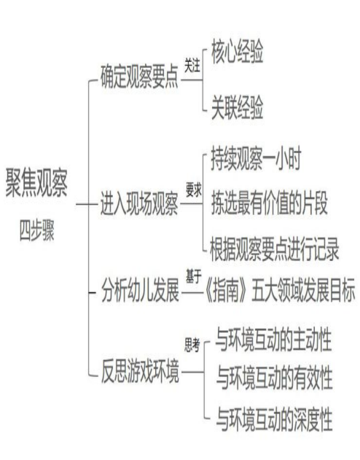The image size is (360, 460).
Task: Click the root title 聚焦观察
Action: (37, 182)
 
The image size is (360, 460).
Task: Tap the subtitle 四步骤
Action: (37, 230)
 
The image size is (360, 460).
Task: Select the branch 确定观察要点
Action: (139, 77)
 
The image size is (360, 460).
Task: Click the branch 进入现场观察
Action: (139, 203)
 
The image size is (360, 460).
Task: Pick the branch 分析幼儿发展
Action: (140, 291)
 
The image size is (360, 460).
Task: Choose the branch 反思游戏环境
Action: (140, 371)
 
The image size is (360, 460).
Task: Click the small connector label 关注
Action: (192, 65)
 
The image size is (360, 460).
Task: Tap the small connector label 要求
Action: (194, 190)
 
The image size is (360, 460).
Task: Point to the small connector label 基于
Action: (194, 276)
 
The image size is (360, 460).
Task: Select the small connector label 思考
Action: (192, 345)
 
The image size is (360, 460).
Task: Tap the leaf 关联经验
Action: (238, 107)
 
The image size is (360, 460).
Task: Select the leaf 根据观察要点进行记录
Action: (275, 249)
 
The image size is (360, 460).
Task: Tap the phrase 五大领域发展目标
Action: (303, 291)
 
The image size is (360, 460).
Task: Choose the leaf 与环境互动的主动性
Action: (273, 340)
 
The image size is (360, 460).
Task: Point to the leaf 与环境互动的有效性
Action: (275, 378)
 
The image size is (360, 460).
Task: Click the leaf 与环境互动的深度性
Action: (275, 419)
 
